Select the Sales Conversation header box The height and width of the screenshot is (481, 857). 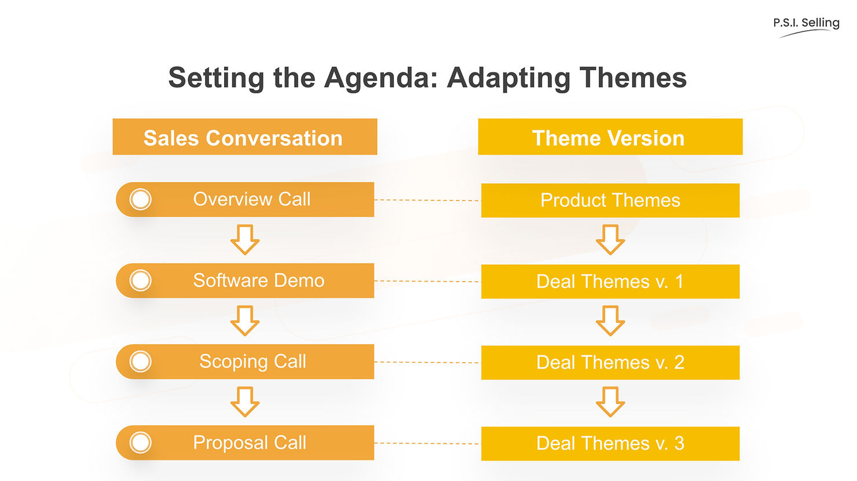tap(244, 137)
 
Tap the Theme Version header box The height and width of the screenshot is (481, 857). tap(610, 137)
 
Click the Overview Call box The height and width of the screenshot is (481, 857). tap(251, 199)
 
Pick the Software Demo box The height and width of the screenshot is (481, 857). tap(258, 280)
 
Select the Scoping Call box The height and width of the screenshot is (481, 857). tap(252, 362)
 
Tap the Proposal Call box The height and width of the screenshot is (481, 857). tap(250, 443)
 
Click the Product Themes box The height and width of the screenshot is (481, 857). tap(610, 201)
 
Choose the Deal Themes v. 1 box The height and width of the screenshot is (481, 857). tap(610, 282)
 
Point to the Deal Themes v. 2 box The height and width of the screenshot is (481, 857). tap(610, 363)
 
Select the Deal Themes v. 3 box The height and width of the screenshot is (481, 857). tap(610, 444)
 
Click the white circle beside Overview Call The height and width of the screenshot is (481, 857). tap(140, 199)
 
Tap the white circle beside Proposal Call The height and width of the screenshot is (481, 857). tap(140, 443)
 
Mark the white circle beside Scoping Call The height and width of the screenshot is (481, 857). tap(140, 362)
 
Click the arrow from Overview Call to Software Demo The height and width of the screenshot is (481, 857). tap(245, 239)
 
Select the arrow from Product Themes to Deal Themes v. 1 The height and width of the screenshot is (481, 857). tap(610, 240)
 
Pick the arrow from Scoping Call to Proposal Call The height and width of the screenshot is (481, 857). tap(245, 402)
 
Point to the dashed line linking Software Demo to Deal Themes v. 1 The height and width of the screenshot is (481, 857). tap(427, 281)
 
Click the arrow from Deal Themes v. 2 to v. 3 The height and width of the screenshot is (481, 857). tap(610, 402)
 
